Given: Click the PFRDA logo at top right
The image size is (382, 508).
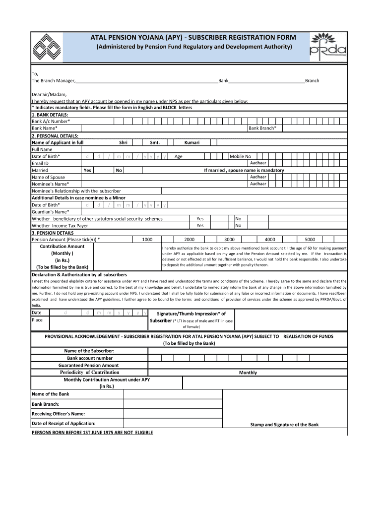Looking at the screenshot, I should tap(328, 46).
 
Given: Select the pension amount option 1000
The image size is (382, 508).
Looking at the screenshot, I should tap(147, 239).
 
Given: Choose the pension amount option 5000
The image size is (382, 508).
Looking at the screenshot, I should tap(310, 239).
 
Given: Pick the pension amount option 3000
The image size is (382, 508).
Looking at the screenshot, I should tap(229, 239).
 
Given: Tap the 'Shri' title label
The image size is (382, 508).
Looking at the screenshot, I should tap(123, 142).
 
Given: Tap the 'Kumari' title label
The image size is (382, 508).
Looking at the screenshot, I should tap(192, 142).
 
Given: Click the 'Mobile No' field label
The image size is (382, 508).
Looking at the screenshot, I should tap(240, 156).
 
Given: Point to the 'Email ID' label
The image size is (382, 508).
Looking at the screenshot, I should tap(40, 163).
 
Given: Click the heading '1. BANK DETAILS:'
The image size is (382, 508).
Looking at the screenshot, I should tap(50, 114).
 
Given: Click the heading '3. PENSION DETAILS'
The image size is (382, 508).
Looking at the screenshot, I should tap(53, 233).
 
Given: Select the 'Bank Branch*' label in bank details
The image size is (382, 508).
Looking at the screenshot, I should tap(262, 128).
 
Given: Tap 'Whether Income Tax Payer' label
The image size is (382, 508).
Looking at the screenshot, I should tap(60, 225).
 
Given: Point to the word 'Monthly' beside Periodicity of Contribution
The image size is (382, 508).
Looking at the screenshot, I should tap(248, 373).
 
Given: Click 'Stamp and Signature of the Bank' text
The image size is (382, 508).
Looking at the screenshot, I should tap(284, 425).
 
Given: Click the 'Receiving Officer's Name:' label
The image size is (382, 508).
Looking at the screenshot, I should tap(58, 414).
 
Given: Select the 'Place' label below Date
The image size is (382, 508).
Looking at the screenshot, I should tap(37, 320).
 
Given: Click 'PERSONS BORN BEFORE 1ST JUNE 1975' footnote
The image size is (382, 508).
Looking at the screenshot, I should tap(92, 433).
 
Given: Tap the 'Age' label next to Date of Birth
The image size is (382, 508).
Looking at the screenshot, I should tap(179, 156).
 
